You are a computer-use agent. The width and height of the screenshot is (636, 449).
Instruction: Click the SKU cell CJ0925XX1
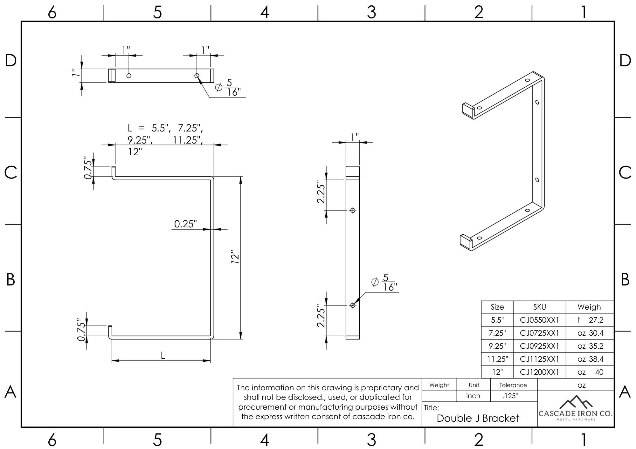(539, 346)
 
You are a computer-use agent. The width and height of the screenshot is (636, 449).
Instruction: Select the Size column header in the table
(497, 307)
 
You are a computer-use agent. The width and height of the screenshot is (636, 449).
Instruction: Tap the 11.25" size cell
(497, 359)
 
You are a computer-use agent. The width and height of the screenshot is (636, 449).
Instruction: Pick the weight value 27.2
(596, 320)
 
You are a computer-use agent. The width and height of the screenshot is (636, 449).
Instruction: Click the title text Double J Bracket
(478, 418)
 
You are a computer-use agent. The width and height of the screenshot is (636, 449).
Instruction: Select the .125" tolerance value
(510, 396)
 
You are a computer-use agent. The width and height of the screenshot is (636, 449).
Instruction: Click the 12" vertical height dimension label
(235, 257)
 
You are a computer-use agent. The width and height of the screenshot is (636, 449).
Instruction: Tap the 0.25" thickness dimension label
(185, 224)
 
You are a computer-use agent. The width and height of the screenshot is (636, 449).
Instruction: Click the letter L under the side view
(163, 356)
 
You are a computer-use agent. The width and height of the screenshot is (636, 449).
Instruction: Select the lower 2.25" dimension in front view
(321, 316)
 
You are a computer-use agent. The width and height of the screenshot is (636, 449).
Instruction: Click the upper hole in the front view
(353, 210)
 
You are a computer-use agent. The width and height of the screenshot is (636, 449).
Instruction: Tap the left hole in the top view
(129, 76)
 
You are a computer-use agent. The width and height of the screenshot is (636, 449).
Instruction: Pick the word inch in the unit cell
(473, 396)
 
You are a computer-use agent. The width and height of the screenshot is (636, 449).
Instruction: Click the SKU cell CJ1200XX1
(539, 372)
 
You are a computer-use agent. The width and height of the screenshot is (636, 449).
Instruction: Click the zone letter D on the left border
(10, 60)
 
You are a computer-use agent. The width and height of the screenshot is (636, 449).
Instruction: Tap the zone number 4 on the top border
(265, 12)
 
